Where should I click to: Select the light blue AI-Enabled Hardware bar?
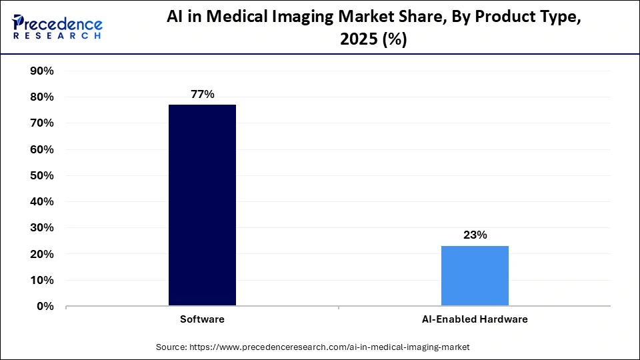tap(475, 276)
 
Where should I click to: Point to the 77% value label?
tap(202, 95)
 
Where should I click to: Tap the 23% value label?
tap(475, 235)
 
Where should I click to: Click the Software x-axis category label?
tap(202, 319)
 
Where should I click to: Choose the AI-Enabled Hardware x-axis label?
tap(475, 319)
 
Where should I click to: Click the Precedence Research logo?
tap(57, 27)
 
